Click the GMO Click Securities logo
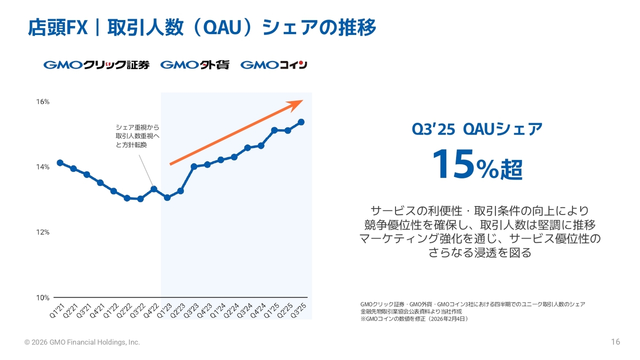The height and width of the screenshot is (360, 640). coord(96,65)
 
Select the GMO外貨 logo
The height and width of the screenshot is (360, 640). coord(194,65)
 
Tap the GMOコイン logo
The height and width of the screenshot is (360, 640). coord(273,65)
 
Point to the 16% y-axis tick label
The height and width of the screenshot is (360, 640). coord(42,101)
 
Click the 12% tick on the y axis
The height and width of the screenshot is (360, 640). coord(42,232)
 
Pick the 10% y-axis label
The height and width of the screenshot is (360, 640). coord(42,297)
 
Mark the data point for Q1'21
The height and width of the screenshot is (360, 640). coord(60,162)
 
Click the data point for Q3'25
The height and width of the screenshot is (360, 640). coord(301,122)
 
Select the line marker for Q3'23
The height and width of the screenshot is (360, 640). coord(194,166)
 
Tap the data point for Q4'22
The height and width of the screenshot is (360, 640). coord(154,189)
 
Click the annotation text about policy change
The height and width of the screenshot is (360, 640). coord(137,136)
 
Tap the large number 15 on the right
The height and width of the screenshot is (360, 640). coord(452,164)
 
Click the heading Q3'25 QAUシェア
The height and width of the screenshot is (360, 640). coord(476,129)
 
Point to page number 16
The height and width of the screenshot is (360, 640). coord(615,342)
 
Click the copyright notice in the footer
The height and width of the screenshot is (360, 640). coord(82,342)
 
